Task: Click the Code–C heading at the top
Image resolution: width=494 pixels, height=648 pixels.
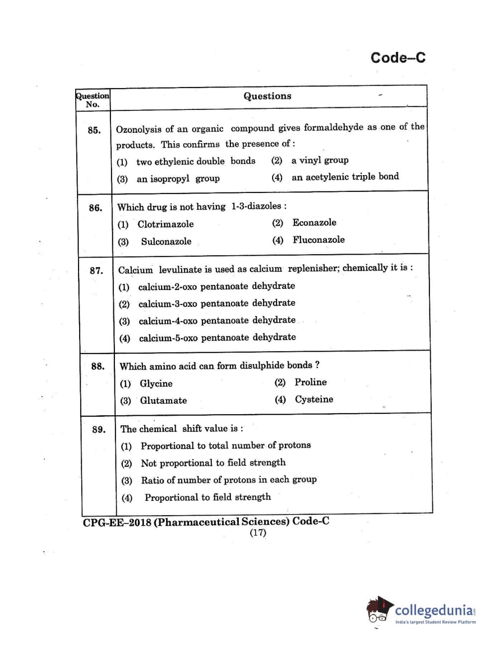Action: (x=397, y=58)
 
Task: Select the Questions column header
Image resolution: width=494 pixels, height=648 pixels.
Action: (x=267, y=96)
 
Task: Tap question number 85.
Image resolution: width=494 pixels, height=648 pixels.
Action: (x=94, y=130)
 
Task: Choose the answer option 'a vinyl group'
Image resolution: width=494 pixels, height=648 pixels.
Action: (x=319, y=160)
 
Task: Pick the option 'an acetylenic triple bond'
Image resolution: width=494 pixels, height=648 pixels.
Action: (x=345, y=177)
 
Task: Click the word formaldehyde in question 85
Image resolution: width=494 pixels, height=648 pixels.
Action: (x=333, y=127)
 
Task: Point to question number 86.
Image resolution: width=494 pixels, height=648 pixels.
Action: (x=95, y=208)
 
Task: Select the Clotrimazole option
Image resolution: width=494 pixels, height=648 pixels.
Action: (x=165, y=224)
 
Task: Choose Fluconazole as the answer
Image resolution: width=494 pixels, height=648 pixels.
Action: (x=318, y=240)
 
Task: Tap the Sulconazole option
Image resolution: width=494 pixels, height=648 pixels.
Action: (x=166, y=242)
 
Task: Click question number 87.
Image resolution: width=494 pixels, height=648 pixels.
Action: (x=96, y=271)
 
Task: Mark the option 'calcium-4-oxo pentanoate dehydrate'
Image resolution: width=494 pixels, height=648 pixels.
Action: (x=217, y=320)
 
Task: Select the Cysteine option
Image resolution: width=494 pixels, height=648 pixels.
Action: (x=313, y=399)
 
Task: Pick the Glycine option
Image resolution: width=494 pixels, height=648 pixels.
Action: (x=156, y=383)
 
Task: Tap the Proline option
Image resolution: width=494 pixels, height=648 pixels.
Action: (x=310, y=382)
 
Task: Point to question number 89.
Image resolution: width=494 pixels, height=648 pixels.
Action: (x=99, y=430)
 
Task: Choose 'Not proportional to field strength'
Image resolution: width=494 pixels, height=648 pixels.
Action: (x=213, y=463)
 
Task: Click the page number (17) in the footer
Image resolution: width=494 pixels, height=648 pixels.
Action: (x=258, y=533)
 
